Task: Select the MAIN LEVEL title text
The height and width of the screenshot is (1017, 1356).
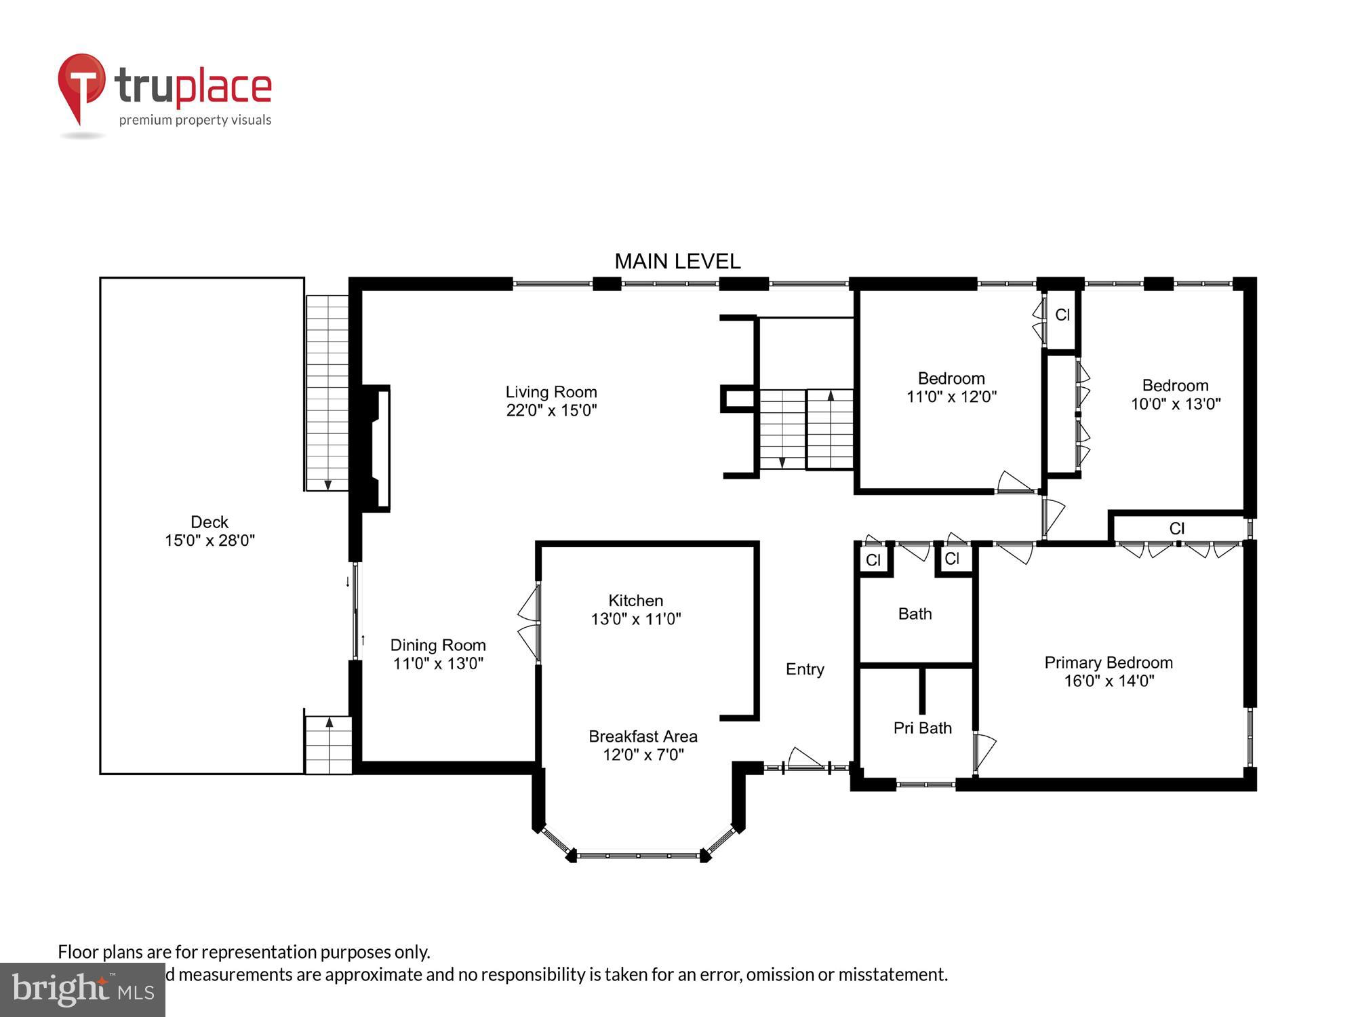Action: pos(677,261)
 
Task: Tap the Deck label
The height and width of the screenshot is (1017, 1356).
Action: pos(210,522)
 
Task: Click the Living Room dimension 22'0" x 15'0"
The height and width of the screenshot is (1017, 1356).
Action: pos(551,410)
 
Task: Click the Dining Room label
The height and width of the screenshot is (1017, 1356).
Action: pos(438,645)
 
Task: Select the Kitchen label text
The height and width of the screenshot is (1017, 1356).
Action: pos(635,601)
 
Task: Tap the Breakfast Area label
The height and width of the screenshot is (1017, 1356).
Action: pos(643,736)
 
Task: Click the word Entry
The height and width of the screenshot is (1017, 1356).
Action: pos(805,669)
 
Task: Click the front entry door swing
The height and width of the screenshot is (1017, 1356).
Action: pos(806,759)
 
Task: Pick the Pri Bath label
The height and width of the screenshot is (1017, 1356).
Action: pos(922,728)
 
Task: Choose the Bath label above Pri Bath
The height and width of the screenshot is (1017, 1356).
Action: pos(915,614)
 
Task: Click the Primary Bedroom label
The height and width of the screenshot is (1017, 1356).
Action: pos(1109,662)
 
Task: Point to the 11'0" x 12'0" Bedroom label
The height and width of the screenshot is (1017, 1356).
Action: pos(951,388)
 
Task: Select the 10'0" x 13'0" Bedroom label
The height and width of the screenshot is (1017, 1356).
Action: pos(1175,395)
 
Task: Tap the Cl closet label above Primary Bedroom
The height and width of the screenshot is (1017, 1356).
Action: pos(1176,528)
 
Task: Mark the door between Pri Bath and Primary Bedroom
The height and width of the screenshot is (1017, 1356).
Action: pos(982,751)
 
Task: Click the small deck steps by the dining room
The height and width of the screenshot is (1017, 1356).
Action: pos(328,744)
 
